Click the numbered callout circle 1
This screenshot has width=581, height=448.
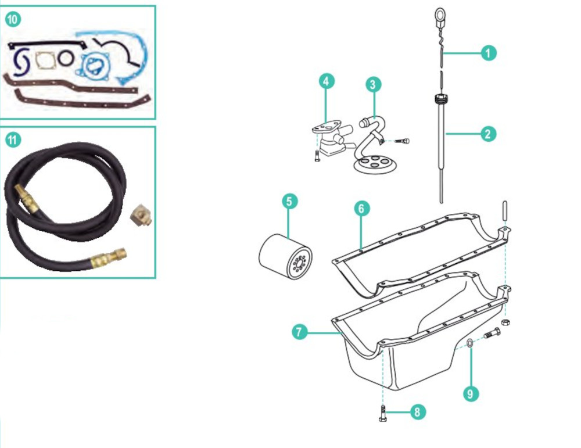click(488, 53)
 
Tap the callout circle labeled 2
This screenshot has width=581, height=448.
click(488, 134)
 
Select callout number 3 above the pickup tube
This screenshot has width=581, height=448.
click(374, 84)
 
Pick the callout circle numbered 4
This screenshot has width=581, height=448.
click(327, 81)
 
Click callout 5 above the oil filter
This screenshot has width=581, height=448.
click(290, 202)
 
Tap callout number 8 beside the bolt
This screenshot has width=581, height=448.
click(417, 412)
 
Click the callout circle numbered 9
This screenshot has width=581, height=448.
click(471, 393)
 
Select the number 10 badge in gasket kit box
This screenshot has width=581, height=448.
click(13, 19)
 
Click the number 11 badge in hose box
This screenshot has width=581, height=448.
click(13, 139)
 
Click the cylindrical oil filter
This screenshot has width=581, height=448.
click(285, 256)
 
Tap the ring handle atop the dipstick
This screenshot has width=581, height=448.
click(440, 13)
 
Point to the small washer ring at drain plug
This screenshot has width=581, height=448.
click(471, 343)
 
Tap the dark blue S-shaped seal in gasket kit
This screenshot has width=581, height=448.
click(21, 60)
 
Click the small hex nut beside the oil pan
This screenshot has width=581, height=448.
click(505, 322)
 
